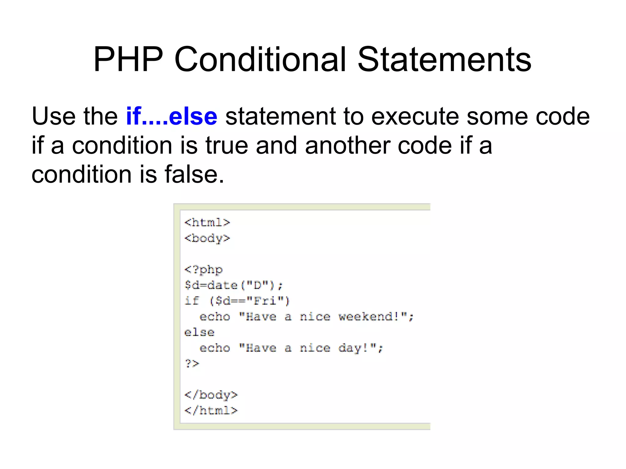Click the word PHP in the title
[128, 59]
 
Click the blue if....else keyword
[171, 116]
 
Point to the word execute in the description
[415, 116]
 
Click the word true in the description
[226, 145]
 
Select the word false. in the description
[194, 174]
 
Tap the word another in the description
[347, 145]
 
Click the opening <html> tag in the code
[207, 222]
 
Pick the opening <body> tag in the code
[207, 238]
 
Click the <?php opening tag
[204, 269]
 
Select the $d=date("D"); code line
[234, 285]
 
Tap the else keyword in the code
[199, 332]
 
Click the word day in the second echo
[349, 348]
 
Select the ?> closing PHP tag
[192, 364]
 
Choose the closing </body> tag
[211, 395]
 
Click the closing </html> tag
[211, 411]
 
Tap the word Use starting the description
[53, 116]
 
